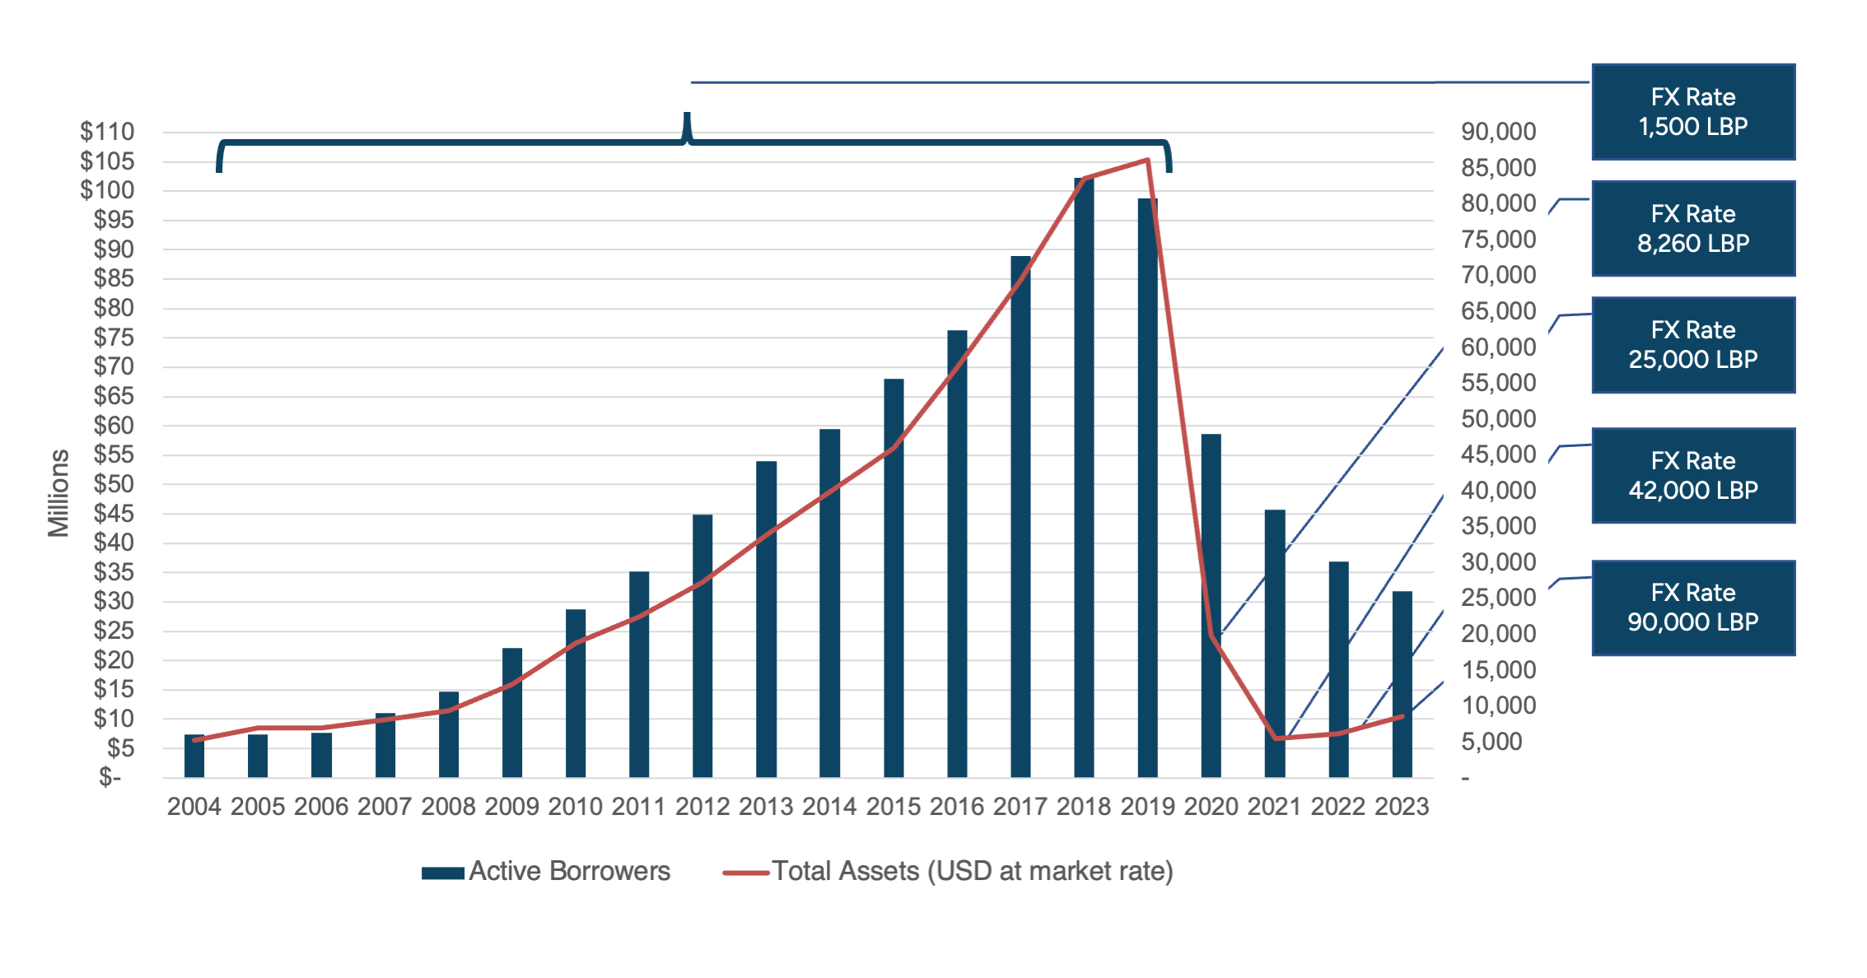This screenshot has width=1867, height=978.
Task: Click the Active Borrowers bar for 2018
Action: pos(1084,477)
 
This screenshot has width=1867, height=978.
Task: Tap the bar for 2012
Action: pos(702,645)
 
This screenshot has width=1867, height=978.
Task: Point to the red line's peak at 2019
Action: pos(1148,160)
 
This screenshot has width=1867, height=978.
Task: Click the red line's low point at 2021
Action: pos(1276,738)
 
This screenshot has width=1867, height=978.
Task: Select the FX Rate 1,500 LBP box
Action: pos(1692,112)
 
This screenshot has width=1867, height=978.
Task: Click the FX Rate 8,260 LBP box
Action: pos(1692,229)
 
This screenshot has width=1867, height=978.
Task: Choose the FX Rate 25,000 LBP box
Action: pos(1692,345)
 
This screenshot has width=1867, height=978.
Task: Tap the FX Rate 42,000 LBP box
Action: pos(1692,476)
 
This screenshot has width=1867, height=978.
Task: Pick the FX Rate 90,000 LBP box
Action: pos(1692,608)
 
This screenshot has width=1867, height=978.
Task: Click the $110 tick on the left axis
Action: pos(107,132)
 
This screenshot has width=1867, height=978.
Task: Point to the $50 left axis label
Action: pos(114,484)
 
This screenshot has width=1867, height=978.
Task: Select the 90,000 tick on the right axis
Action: pos(1498,132)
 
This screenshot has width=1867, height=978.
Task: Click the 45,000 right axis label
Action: pos(1498,454)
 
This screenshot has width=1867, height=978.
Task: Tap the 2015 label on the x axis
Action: pos(893,807)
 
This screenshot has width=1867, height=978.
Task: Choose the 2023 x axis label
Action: pos(1402,807)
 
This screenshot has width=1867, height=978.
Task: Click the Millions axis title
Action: pos(58,493)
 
